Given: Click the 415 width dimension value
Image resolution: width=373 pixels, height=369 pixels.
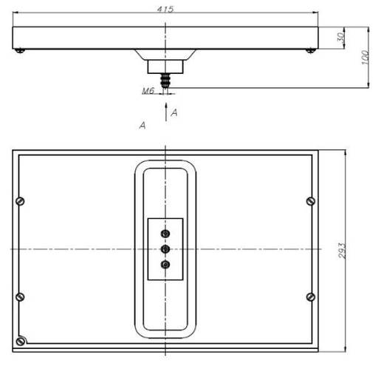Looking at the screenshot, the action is pos(165,9).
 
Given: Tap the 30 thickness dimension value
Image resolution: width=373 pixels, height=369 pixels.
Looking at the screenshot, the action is pos(341,37).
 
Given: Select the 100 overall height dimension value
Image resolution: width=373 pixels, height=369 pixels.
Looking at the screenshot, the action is pos(365,58).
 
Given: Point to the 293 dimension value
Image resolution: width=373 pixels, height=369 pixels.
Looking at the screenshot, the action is pos(342,251).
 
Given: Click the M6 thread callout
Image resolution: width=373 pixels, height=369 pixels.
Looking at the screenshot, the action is pos(148,91).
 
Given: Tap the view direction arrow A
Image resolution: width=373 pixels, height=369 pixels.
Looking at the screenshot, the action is pos(166,112).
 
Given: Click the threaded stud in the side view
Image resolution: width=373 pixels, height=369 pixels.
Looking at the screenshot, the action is pos(165,81).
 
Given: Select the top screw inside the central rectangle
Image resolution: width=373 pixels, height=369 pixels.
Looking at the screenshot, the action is pos(165,234).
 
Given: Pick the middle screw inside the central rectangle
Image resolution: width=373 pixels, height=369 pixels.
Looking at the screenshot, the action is pos(165,249).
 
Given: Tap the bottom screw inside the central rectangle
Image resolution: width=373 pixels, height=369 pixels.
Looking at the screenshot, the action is pos(165,265).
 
